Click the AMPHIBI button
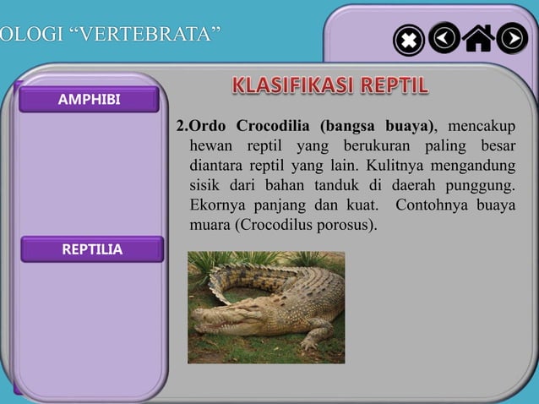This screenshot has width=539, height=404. click(x=89, y=100)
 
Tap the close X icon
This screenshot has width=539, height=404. click(x=409, y=40)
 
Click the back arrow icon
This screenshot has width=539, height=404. click(x=444, y=37)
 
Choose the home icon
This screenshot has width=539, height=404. click(x=479, y=38)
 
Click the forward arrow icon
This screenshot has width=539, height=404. click(x=512, y=37)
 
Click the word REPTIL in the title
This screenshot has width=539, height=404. click(x=395, y=86)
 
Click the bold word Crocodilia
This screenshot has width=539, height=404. click(x=272, y=128)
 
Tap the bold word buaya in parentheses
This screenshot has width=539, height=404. click(x=407, y=128)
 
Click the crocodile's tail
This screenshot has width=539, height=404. click(x=245, y=275)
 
